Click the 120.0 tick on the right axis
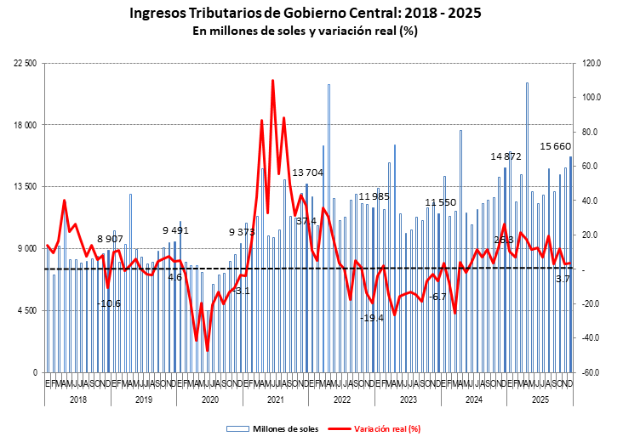click(x=592, y=64)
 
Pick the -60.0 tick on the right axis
click(x=592, y=372)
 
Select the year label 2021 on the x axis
click(x=276, y=399)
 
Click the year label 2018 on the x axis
click(x=78, y=399)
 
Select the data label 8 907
click(x=111, y=239)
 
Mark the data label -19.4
click(x=372, y=318)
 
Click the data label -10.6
click(x=108, y=303)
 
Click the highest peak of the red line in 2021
click(x=272, y=81)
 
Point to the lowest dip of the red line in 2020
click(x=207, y=350)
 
